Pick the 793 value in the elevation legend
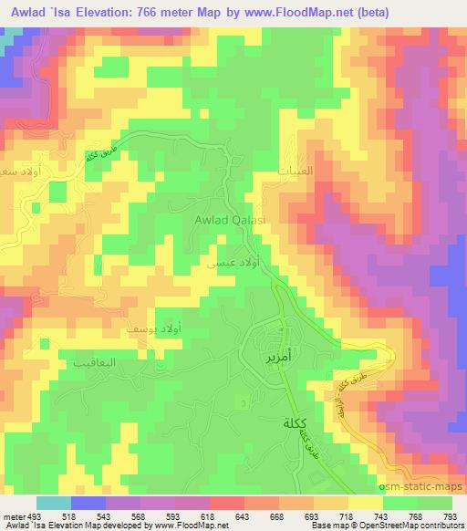[451, 517]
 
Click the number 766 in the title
[179, 14]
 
